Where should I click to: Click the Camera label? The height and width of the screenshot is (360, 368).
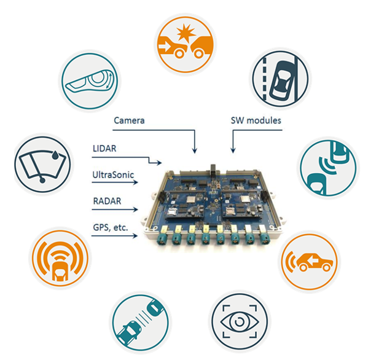click(x=129, y=120)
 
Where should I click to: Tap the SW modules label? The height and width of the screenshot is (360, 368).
click(x=256, y=120)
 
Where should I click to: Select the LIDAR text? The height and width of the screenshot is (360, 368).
click(x=104, y=149)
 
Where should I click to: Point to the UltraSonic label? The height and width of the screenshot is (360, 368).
click(x=113, y=175)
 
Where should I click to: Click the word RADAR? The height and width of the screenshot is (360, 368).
click(x=107, y=201)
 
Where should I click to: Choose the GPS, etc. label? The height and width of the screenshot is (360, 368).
click(x=111, y=227)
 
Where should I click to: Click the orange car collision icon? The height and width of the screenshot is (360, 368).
click(x=186, y=45)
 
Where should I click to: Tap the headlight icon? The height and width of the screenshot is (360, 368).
click(x=90, y=81)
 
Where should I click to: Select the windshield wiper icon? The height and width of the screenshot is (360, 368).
click(x=42, y=164)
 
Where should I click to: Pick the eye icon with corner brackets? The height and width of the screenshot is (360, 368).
click(x=240, y=321)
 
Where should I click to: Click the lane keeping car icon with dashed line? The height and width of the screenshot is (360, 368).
click(x=281, y=79)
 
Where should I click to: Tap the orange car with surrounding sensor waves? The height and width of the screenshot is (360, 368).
click(x=60, y=259)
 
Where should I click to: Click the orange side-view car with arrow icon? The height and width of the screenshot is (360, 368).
click(x=309, y=262)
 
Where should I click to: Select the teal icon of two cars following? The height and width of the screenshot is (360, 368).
click(x=140, y=323)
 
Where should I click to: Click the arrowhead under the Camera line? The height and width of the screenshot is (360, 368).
click(x=195, y=151)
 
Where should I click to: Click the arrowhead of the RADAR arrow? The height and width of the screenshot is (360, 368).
click(x=135, y=209)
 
